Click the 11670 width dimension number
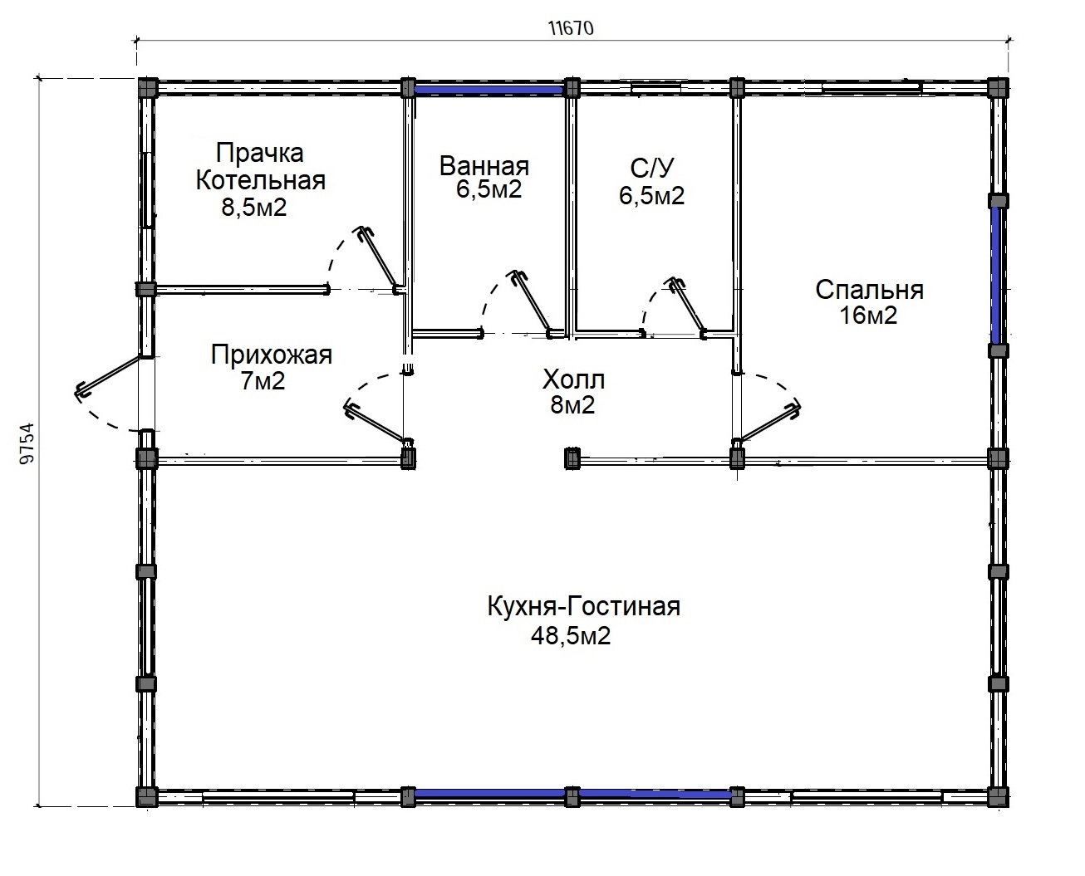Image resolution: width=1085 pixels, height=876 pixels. click(571, 28)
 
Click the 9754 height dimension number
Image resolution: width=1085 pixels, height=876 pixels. click(27, 443)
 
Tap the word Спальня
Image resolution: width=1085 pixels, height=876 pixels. click(870, 291)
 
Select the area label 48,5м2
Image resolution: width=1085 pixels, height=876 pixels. click(571, 636)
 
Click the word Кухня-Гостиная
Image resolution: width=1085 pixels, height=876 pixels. click(584, 607)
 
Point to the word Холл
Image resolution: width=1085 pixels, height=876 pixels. click(573, 379)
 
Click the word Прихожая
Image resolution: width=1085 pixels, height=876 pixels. click(272, 355)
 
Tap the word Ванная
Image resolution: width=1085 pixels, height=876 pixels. click(484, 166)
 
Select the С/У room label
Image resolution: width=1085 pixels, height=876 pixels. click(652, 169)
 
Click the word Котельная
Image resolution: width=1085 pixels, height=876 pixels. click(261, 181)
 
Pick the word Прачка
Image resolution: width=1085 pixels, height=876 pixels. click(260, 154)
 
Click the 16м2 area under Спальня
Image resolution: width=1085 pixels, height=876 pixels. click(868, 316)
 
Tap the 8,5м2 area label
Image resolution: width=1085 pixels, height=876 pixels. click(254, 208)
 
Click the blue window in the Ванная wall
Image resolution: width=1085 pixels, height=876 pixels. click(489, 91)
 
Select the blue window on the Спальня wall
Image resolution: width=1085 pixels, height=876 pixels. click(996, 275)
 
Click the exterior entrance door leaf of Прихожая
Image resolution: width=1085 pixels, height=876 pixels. click(108, 375)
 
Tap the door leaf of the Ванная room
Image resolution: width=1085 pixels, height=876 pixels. click(533, 301)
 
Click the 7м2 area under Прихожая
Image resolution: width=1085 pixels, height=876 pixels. click(263, 381)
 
